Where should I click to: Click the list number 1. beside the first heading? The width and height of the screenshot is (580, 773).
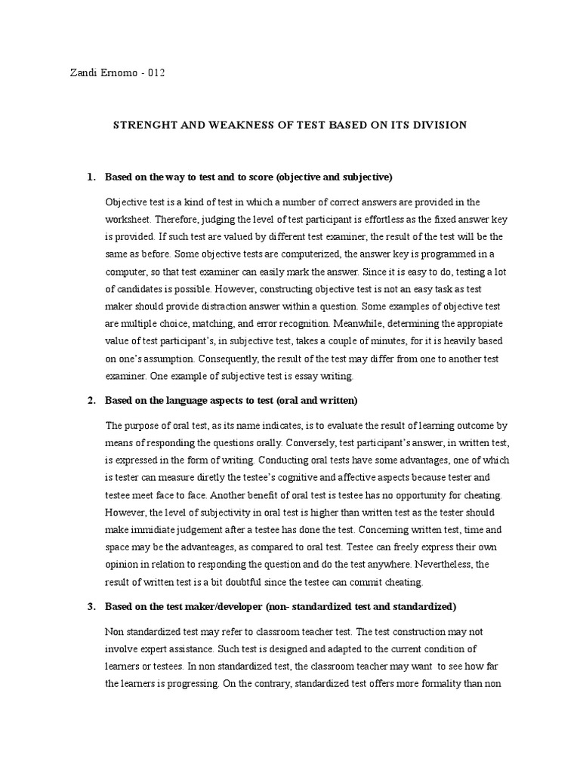91,177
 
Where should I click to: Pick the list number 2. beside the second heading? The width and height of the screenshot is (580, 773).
91,399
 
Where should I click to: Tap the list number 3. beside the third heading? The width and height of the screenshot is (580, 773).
91,606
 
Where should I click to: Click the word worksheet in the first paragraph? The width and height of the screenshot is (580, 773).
130,219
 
